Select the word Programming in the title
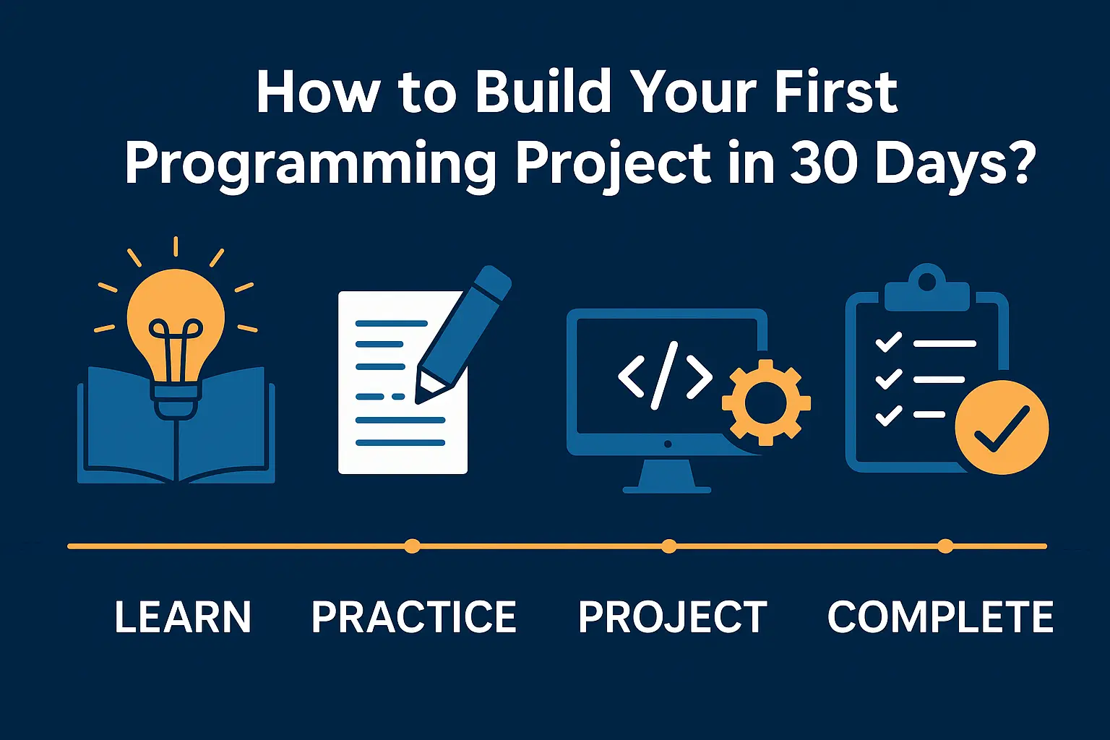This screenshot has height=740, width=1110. (310, 165)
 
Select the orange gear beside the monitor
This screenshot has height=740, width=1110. (766, 403)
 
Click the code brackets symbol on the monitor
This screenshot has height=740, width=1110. (665, 376)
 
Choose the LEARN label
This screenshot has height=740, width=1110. (183, 616)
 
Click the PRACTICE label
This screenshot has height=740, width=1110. (414, 616)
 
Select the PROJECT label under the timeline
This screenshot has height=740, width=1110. (673, 616)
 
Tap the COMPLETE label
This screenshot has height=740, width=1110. (940, 616)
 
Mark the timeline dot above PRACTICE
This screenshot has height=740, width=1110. (413, 546)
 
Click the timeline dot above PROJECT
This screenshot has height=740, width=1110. (669, 546)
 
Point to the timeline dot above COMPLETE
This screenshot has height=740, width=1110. (945, 546)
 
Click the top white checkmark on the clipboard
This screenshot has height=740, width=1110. (888, 342)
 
